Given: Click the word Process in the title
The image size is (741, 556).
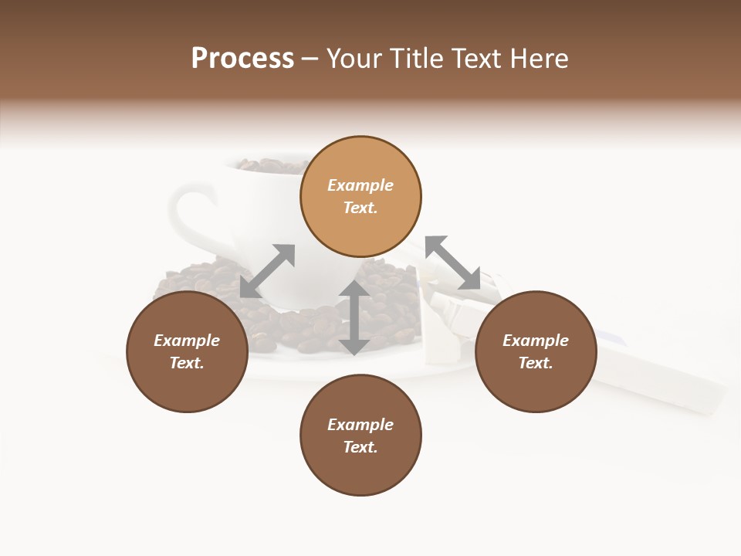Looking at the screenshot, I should coord(242,59).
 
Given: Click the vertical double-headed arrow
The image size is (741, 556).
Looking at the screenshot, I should coord(354,317).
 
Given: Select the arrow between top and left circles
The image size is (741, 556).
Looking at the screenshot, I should coord(267,271).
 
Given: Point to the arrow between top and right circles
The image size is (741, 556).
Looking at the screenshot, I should coord(452,263).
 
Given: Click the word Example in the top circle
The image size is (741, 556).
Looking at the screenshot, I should coord(360,185).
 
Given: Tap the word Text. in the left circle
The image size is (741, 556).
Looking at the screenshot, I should coord(187,363).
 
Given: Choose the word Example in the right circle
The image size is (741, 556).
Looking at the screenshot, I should coord(536,341).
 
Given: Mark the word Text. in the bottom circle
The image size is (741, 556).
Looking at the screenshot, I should coord(360,447).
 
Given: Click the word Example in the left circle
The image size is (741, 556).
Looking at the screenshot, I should coord(187,341).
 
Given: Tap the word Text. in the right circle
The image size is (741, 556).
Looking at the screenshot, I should coord(536,363).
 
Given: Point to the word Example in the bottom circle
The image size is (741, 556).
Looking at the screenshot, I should coord(360,425).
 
